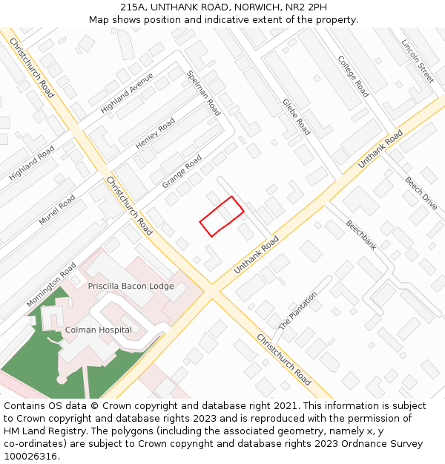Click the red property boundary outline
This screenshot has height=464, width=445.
point(222,216)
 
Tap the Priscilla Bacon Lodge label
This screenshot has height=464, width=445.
point(131,286)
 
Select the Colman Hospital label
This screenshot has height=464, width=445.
point(99,330)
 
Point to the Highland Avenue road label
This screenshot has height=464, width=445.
point(127,93)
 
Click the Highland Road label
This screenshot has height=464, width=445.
point(32,163)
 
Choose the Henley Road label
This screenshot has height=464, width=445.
point(155,134)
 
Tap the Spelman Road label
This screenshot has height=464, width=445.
point(204,93)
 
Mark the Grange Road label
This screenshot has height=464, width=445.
point(182,171)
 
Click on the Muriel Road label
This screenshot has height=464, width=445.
point(57,209)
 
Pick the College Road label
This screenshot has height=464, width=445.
point(353,76)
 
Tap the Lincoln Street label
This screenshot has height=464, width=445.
point(418,61)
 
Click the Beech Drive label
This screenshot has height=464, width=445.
point(421,193)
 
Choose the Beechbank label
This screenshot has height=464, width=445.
point(361,235)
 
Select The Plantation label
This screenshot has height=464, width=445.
point(297,310)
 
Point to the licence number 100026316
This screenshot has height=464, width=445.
point(31,456)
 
